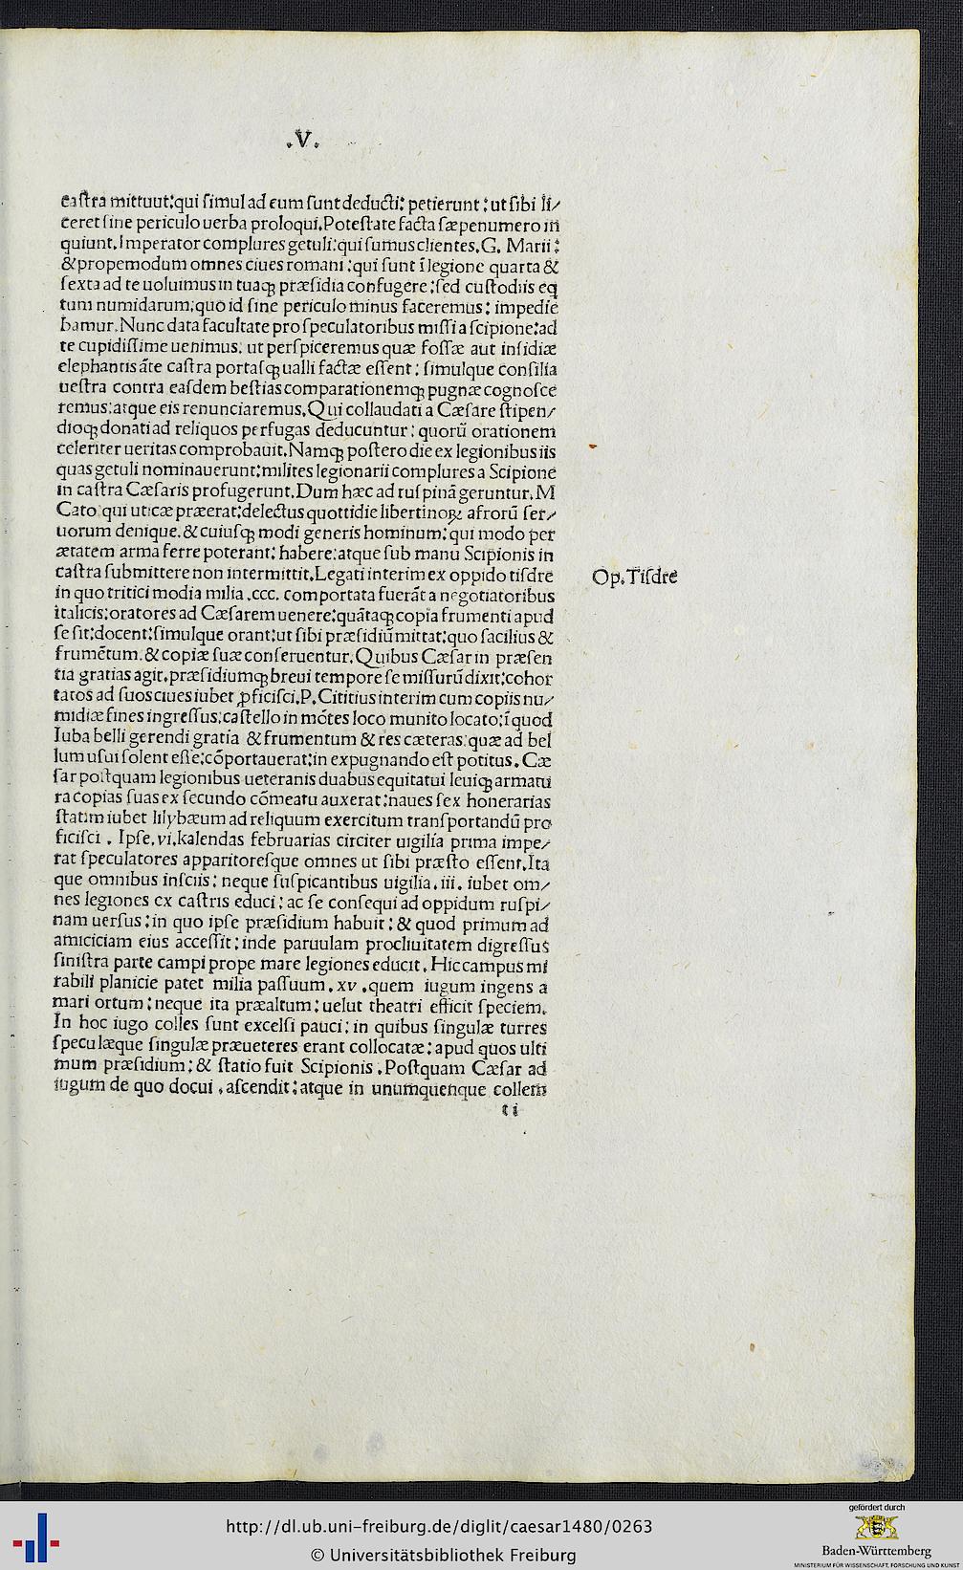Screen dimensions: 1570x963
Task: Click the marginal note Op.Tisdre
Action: coord(636,577)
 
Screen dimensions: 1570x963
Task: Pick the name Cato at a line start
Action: coord(77,514)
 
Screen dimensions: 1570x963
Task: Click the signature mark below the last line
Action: coord(509,1110)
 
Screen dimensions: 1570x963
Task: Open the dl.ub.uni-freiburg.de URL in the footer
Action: coord(439,1526)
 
